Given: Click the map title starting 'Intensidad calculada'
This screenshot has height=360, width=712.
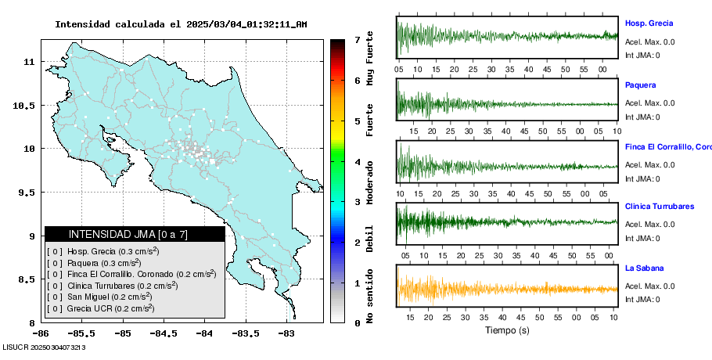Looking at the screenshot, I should pos(181,24).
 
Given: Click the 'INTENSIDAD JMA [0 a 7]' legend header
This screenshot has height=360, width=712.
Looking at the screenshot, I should pos(135,234).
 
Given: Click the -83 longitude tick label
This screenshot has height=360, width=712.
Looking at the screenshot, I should pos(286,333).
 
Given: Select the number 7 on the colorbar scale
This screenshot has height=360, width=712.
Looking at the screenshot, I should pos(357,39).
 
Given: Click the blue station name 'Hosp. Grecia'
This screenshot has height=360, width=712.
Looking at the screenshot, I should pos(649,23).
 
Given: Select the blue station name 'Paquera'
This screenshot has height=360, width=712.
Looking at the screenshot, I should pos(641,85).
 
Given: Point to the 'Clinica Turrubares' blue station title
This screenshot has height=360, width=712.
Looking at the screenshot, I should pos(660,207).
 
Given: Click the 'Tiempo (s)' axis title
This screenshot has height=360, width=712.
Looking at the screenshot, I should pos(507,330).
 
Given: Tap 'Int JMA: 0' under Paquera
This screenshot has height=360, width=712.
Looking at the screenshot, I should pos(642,117).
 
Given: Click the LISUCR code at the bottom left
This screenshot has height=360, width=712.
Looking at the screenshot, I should pos(45,346).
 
